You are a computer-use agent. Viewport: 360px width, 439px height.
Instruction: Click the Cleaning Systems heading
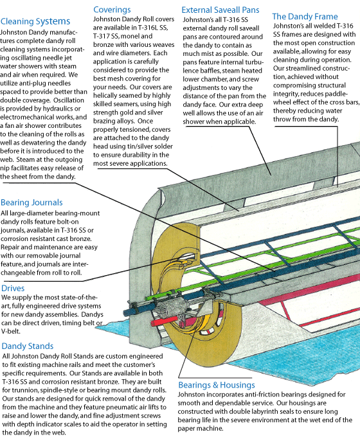35,21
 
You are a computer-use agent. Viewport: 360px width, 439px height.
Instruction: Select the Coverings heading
112,10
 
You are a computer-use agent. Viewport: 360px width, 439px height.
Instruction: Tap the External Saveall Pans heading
221,10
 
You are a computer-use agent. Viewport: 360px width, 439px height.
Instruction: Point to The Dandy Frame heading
305,17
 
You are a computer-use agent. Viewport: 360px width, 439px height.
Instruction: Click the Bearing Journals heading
32,202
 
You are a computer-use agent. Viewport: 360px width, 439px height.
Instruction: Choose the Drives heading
13,288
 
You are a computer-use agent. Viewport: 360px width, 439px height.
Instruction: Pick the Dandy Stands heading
28,346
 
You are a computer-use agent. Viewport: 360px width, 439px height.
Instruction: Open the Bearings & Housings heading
217,385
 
